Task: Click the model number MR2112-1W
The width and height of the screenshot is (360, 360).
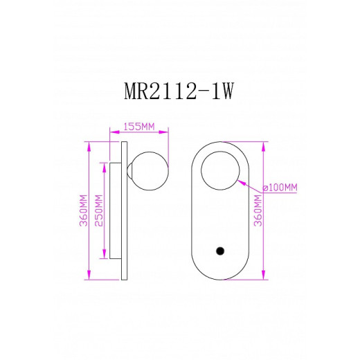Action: coord(179,94)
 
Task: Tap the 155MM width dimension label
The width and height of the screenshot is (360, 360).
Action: coord(138,127)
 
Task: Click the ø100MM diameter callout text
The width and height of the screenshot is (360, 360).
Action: coord(280,188)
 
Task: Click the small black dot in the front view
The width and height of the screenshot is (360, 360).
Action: coord(220,251)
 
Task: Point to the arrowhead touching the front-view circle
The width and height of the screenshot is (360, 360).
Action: coord(239,181)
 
